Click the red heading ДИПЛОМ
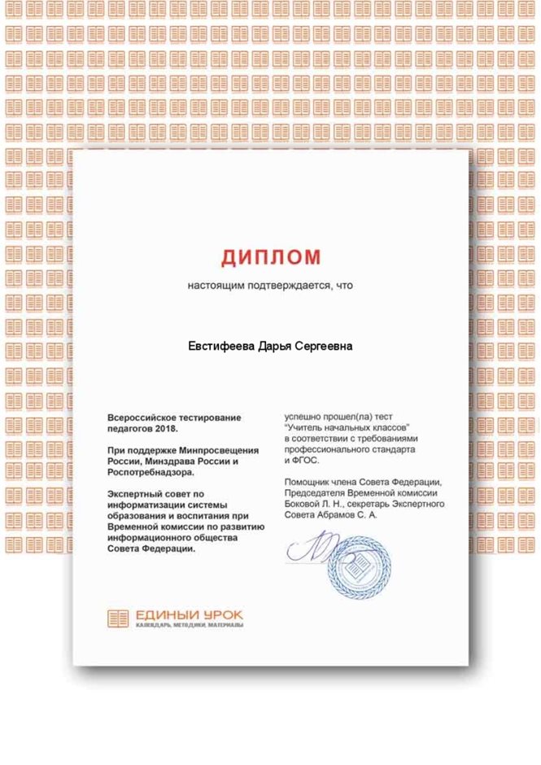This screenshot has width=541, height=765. tap(271, 258)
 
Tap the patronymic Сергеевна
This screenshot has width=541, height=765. tap(324, 347)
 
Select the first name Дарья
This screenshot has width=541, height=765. tap(275, 347)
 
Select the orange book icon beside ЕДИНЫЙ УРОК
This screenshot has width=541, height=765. tap(118, 618)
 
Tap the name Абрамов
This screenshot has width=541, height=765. tap(334, 515)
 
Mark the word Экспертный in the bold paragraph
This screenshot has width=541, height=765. tap(136, 493)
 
